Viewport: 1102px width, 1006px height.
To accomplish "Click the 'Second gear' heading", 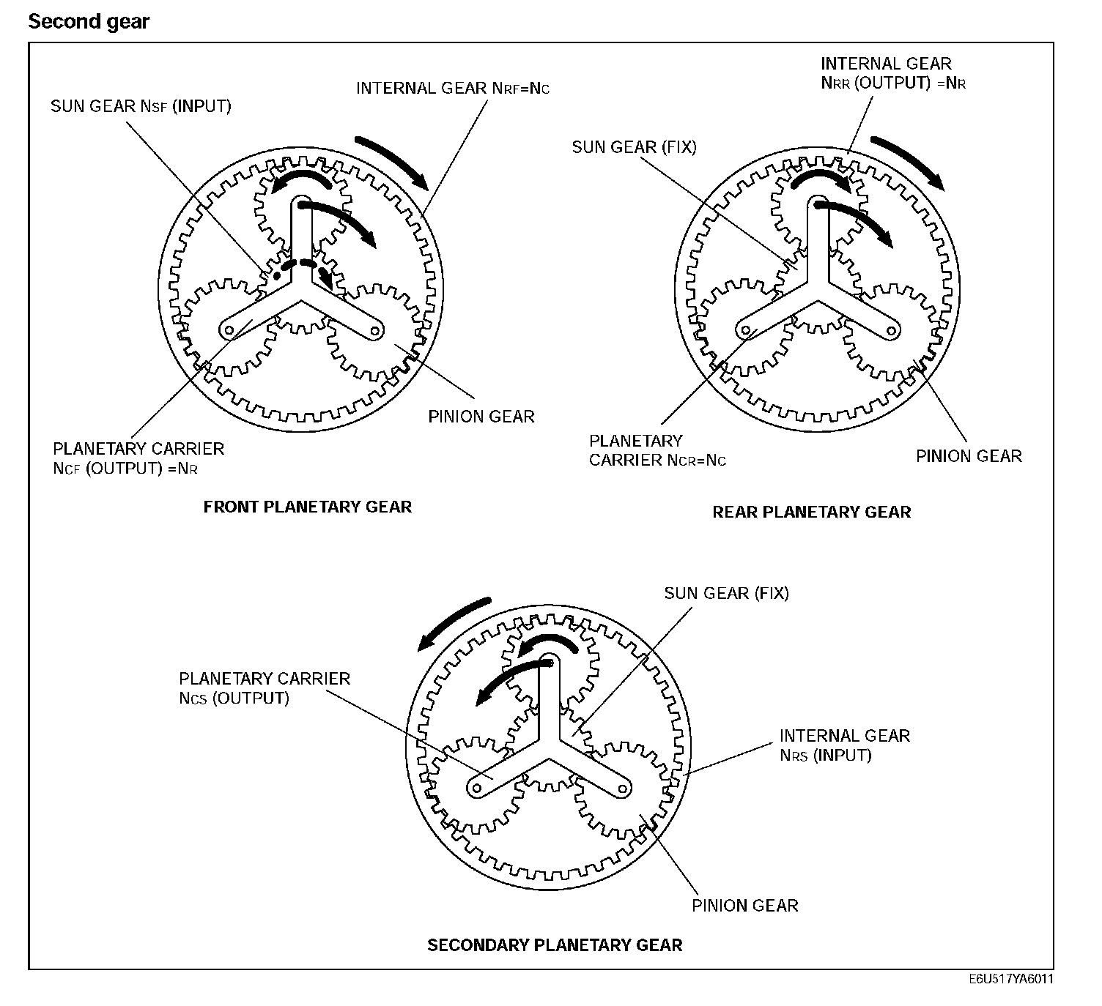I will click(89, 22).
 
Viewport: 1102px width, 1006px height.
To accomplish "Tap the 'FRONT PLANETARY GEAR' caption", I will click(308, 507).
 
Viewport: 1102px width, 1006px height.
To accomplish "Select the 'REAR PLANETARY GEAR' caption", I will click(812, 512).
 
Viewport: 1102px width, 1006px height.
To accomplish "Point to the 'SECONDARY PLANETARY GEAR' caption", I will click(555, 945).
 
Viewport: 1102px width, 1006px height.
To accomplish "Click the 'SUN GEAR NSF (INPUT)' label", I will click(141, 106).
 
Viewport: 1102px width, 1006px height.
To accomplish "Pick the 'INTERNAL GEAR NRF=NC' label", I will click(453, 89).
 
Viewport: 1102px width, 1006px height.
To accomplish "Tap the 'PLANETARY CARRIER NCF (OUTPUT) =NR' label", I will click(138, 458).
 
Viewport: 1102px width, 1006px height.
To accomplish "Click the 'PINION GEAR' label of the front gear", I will click(481, 417).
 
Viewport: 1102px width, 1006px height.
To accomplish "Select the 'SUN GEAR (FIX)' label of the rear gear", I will click(634, 147).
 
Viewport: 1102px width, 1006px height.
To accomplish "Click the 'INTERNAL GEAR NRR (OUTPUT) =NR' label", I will click(892, 73).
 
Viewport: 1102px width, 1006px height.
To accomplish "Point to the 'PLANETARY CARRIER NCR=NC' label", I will click(657, 450).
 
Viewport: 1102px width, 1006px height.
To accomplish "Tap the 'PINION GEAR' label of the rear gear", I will click(969, 456).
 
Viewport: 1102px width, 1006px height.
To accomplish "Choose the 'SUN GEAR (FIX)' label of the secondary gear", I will click(726, 593).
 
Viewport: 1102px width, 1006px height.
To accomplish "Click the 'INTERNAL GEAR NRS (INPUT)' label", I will click(844, 745).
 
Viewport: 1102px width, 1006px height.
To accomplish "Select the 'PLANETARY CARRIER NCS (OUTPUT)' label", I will click(265, 688).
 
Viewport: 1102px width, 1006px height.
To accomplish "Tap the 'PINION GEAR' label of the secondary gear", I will click(744, 906).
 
